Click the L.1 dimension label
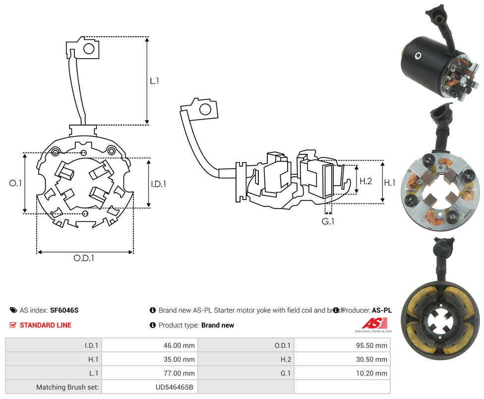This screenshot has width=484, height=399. point(154,80)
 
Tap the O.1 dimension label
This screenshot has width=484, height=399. point(16,183)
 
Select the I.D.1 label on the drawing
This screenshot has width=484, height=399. point(158,184)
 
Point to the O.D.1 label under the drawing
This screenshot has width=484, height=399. point(84,258)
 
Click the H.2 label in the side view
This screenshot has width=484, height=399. point(365,181)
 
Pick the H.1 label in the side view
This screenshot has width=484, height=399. point(390,183)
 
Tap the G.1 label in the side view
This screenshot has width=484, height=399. point(328,221)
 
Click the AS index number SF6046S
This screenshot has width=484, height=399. point(64,310)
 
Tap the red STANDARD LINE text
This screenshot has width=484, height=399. point(46,325)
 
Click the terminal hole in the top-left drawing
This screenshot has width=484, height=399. point(89,49)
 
